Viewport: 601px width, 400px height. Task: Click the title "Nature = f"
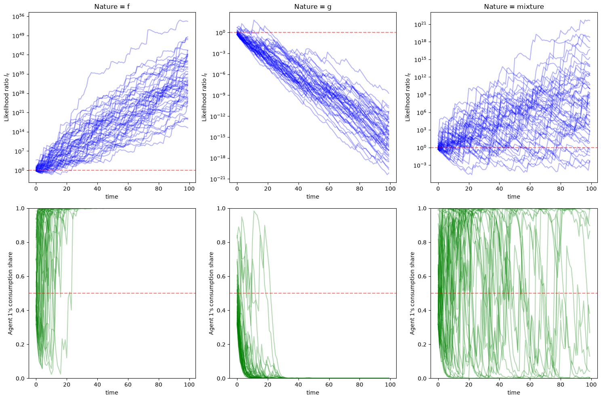pyautogui.click(x=112, y=6)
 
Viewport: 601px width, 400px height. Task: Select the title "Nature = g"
pyautogui.click(x=313, y=7)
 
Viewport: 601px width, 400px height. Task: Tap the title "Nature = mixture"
pyautogui.click(x=514, y=6)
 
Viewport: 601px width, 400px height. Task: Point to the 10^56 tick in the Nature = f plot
pyautogui.click(x=18, y=17)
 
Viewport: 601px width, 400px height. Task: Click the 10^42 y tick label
pyautogui.click(x=18, y=55)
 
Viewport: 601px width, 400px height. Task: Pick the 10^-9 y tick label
pyautogui.click(x=219, y=95)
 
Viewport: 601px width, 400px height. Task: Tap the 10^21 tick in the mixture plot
pyautogui.click(x=420, y=24)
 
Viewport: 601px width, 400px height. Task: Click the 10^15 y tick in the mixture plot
pyautogui.click(x=420, y=59)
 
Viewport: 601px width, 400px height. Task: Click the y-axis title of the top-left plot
pyautogui.click(x=6, y=97)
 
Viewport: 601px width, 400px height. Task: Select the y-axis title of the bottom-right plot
pyautogui.click(x=412, y=293)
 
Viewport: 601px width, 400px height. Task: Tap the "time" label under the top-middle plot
pyautogui.click(x=313, y=197)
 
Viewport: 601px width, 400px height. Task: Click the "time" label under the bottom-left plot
pyautogui.click(x=112, y=393)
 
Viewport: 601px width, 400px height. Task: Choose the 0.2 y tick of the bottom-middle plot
pyautogui.click(x=221, y=345)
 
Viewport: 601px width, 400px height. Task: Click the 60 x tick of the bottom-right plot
pyautogui.click(x=530, y=385)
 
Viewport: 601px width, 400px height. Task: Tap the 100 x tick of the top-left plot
pyautogui.click(x=189, y=188)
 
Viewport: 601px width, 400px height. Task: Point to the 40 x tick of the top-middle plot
pyautogui.click(x=298, y=188)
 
